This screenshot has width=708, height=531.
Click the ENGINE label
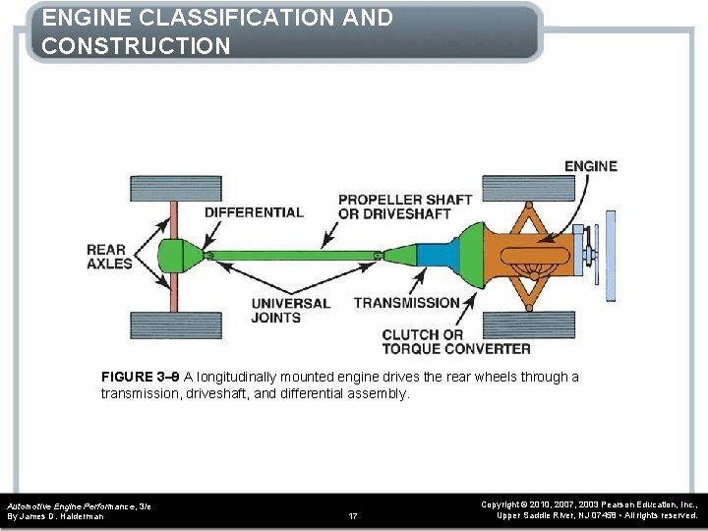point(590,166)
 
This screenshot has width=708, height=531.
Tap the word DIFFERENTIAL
point(254,212)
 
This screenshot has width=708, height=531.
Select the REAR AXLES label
point(109,257)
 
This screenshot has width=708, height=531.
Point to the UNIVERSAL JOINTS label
point(290,310)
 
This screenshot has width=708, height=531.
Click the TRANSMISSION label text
point(406,303)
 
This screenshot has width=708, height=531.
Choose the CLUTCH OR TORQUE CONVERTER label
point(455,341)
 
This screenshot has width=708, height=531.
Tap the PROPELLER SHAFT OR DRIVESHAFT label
point(405,206)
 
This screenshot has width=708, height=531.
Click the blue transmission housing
point(433,257)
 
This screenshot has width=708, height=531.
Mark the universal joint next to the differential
point(210,257)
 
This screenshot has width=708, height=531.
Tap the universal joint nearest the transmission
point(377,257)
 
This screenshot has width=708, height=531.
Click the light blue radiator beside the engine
point(611,257)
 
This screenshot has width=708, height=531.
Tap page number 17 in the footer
point(354,515)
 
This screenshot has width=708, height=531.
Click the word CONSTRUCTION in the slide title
point(137,45)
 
